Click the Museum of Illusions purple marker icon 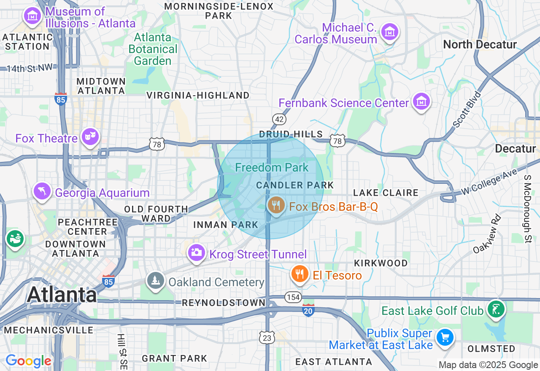32,16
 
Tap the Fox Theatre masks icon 90,136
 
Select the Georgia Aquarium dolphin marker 42,191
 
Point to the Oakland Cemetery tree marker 156,280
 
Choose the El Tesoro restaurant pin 300,274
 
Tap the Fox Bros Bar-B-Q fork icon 276,205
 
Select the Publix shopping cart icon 445,337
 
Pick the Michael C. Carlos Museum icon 389,32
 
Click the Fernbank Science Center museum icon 421,101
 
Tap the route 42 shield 279,119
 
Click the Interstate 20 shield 308,311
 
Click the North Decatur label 480,44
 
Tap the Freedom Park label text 272,167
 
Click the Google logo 28,361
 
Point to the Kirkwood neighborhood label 381,263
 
